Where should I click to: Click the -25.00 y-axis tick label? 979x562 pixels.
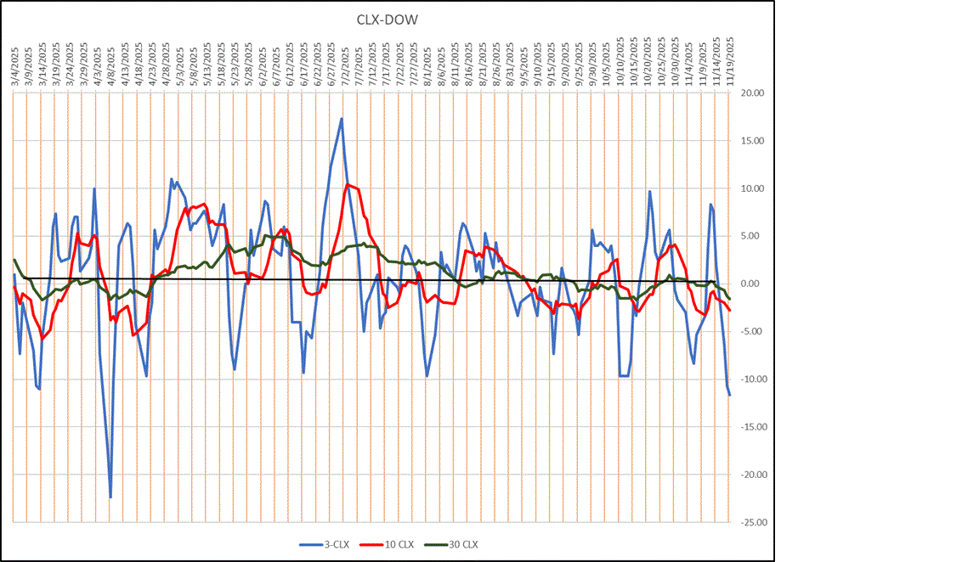754,523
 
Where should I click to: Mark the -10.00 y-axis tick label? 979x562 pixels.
754,379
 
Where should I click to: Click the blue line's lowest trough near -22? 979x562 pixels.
110,497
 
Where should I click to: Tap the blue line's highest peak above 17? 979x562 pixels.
342,118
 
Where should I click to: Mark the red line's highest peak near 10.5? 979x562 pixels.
347,183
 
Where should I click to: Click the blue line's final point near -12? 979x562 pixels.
729,396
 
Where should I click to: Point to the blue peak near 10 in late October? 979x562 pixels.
649,191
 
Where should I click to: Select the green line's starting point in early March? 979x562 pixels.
14,260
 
